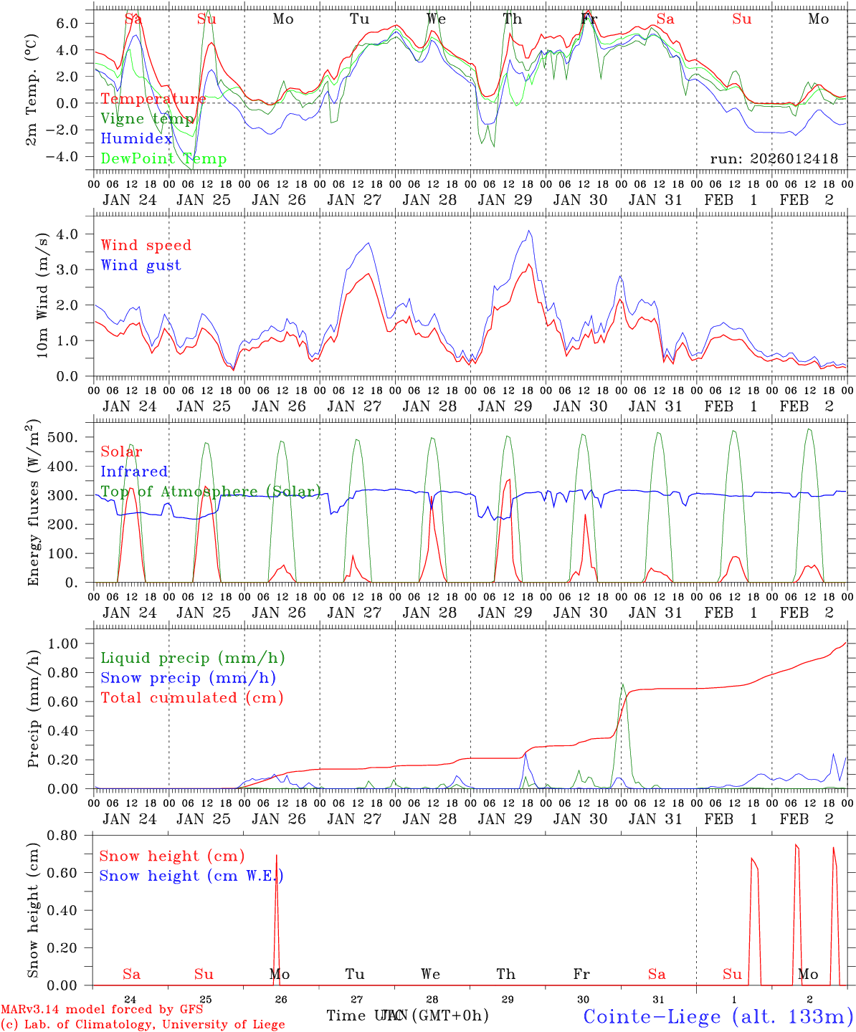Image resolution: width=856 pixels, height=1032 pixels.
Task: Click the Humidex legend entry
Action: pos(136,139)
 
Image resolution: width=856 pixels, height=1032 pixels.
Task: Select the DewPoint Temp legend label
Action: pos(163,159)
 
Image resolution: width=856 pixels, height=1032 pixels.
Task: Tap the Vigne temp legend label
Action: pos(147,119)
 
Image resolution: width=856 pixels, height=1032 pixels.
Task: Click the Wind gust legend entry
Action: pos(141,265)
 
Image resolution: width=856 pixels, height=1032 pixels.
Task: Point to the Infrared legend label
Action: pos(134,472)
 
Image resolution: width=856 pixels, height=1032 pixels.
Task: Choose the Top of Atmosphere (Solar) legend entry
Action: pos(210,492)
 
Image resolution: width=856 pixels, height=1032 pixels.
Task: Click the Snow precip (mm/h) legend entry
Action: pos(188,678)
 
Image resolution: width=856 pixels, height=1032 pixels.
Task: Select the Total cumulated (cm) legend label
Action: pos(191,697)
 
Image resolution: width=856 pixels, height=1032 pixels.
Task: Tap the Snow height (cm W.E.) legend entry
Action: pos(191,876)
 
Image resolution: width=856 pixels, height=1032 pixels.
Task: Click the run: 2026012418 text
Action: pos(774,159)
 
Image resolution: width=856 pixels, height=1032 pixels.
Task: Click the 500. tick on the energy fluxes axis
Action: pos(70,438)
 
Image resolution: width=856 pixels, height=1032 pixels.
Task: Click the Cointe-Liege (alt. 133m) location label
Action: pos(718,1016)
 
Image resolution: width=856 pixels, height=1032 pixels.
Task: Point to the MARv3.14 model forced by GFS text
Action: pos(102,1009)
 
